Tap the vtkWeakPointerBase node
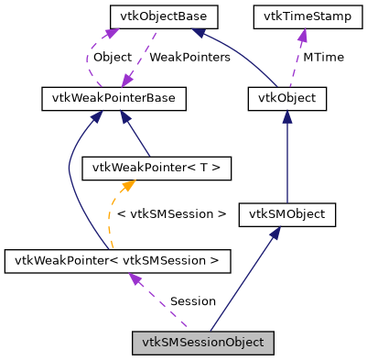[x=114, y=98]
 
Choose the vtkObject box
[x=287, y=98]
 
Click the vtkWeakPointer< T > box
[x=144, y=168]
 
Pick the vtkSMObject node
[x=287, y=215]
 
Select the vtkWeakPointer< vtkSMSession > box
[x=117, y=261]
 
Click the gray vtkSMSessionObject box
[x=202, y=344]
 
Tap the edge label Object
[x=113, y=57]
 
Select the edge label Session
[x=192, y=300]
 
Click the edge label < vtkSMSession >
[x=173, y=213]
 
